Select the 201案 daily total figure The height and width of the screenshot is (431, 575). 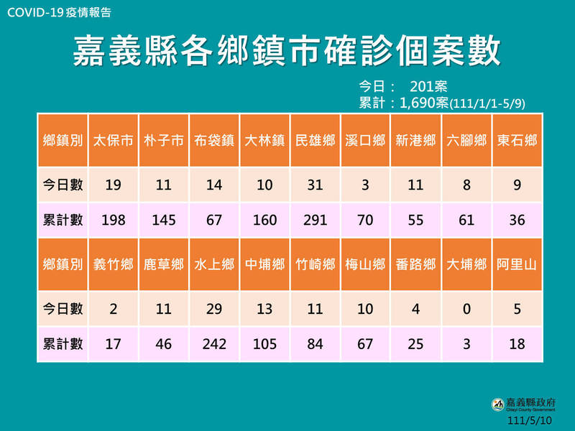[429, 87]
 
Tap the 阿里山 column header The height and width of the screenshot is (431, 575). [516, 264]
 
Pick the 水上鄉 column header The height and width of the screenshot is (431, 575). [213, 264]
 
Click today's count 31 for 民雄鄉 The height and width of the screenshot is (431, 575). [315, 185]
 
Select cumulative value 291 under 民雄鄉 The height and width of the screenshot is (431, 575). [315, 220]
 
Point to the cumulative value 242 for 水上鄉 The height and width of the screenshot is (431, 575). [213, 344]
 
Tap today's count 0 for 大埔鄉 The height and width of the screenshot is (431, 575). [466, 310]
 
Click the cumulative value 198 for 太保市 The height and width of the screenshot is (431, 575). [113, 220]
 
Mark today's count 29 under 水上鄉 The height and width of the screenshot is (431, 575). [213, 310]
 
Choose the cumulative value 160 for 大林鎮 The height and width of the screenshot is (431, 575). [264, 220]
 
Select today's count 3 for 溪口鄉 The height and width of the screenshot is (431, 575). [365, 185]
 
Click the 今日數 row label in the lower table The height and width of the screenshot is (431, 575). [63, 310]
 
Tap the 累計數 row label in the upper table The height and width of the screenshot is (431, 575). [63, 220]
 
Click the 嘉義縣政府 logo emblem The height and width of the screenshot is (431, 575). [497, 404]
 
